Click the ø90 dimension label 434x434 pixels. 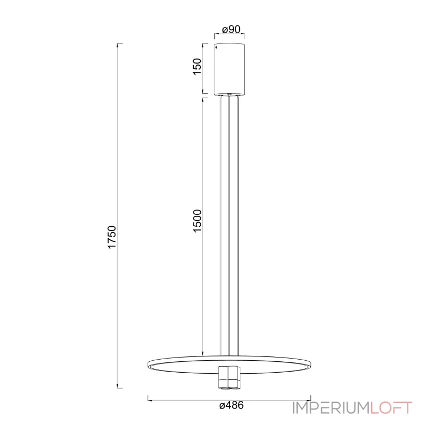point(232,29)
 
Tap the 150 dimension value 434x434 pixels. point(197,66)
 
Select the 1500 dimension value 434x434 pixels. point(197,221)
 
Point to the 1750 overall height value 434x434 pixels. point(112,237)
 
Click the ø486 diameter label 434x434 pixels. point(232,405)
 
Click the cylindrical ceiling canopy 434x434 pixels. point(229,69)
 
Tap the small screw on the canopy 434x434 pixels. point(216,48)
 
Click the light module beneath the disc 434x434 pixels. point(229,378)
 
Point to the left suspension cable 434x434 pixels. point(221,226)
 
